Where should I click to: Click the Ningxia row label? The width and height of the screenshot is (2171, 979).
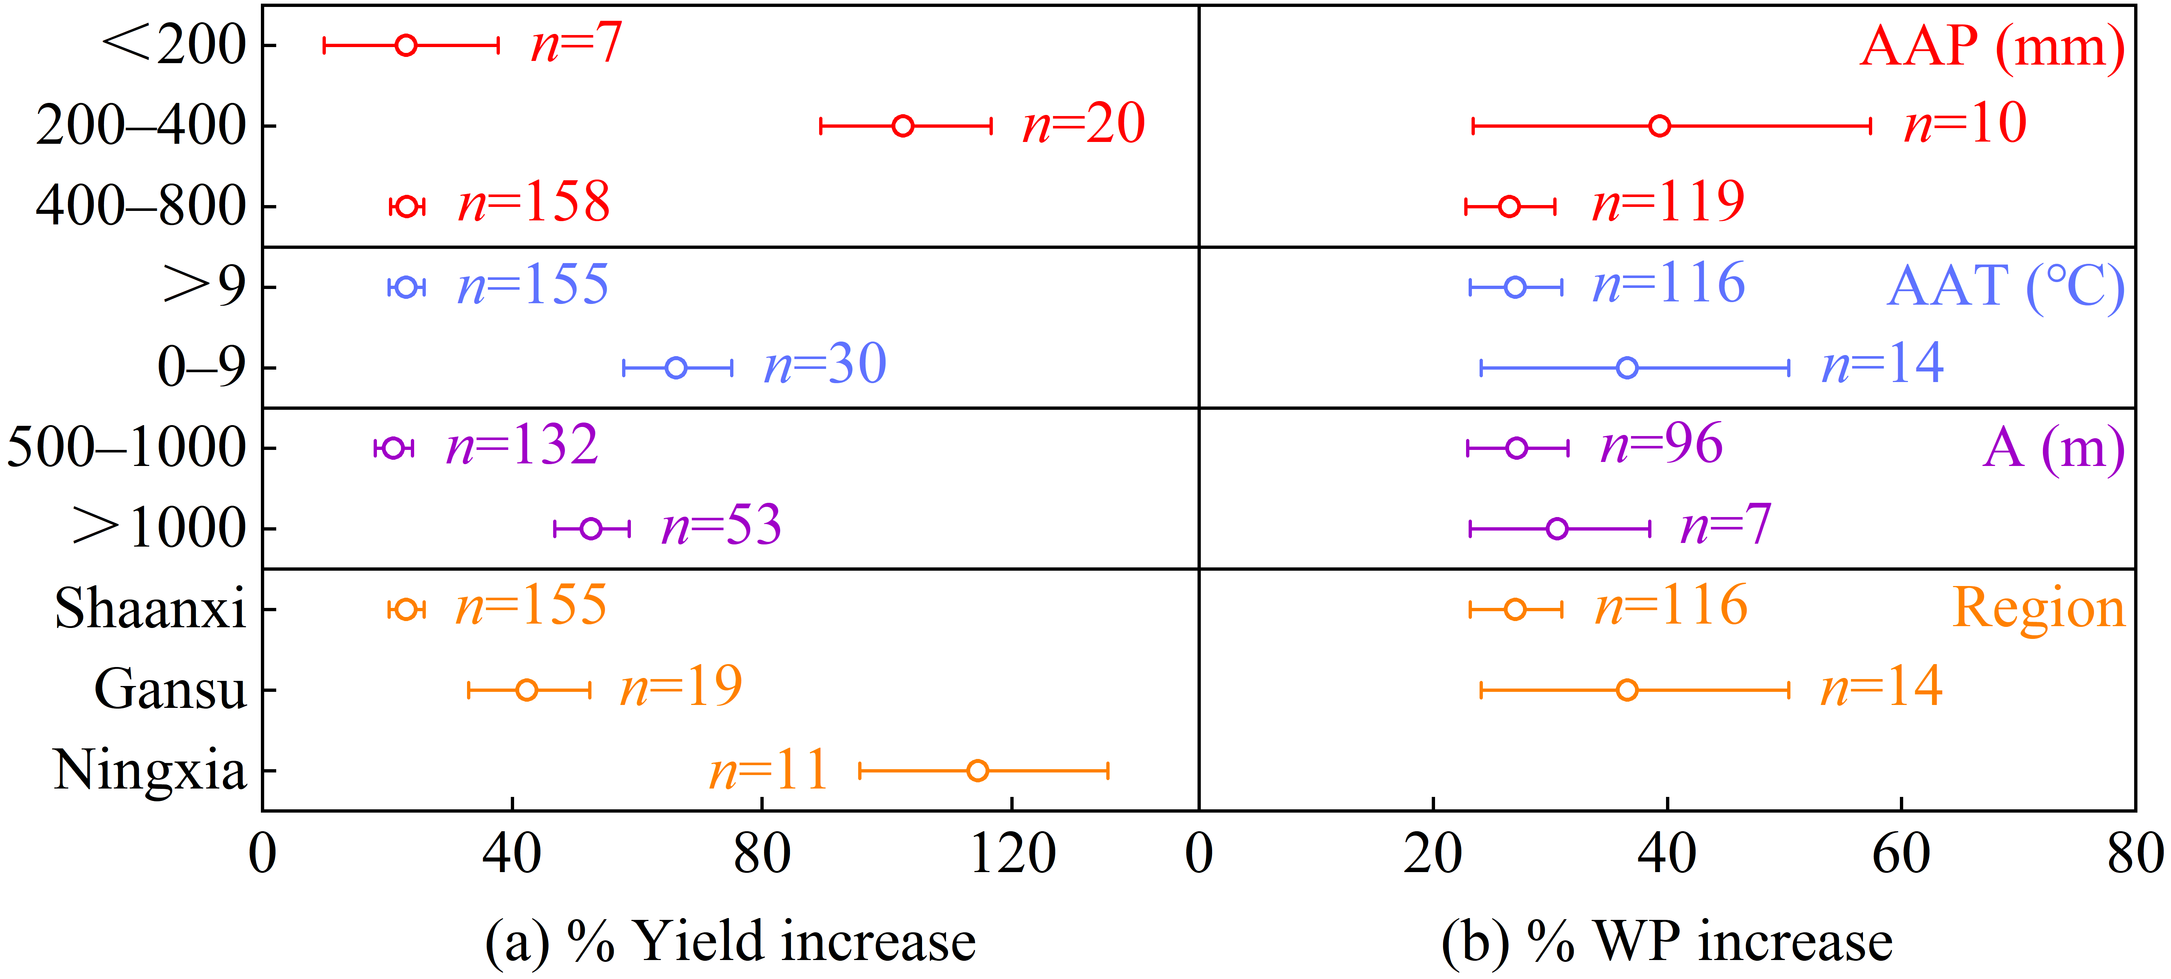coord(149,770)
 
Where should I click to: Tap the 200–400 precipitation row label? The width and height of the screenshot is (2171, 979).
coord(141,126)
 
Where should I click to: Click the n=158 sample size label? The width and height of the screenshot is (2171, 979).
coord(533,203)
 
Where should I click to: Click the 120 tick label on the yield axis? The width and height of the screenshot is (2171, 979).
coord(1012,853)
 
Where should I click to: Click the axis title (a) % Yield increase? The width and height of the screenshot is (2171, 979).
coord(730,941)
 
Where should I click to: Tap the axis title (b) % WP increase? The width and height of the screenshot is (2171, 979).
coord(1667,941)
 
